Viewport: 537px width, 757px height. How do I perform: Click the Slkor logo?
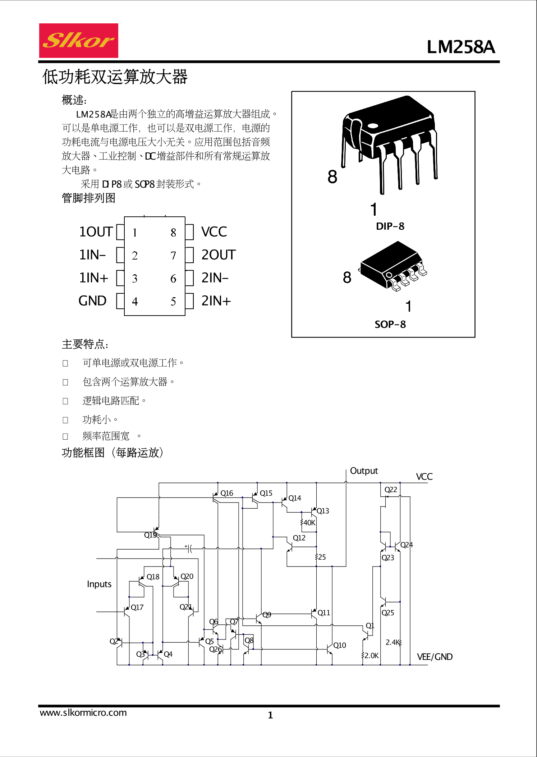78,41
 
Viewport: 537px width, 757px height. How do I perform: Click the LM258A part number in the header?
460,47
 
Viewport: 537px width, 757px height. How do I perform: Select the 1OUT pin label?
96,232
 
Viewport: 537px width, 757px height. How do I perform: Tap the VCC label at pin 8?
214,232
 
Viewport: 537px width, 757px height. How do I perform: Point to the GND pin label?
92,301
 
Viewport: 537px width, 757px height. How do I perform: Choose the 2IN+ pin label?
216,301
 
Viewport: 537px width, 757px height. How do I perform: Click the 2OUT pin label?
218,255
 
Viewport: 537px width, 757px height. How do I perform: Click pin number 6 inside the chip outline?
173,279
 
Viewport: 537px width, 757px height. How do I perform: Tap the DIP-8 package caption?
390,226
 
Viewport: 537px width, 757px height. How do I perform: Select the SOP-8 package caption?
390,325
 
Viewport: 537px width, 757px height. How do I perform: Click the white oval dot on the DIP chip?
373,126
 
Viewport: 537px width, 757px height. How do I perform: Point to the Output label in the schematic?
364,471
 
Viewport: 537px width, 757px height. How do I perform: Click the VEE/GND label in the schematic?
435,657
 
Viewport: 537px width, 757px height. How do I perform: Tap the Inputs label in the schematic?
99,584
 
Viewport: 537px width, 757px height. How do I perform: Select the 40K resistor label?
309,523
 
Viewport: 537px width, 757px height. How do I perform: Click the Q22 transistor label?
391,490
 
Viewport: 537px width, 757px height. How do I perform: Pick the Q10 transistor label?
340,645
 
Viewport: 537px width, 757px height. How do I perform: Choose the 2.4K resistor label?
392,642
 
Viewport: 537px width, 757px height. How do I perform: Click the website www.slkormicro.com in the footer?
83,713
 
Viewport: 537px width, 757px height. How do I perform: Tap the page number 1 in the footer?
270,715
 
